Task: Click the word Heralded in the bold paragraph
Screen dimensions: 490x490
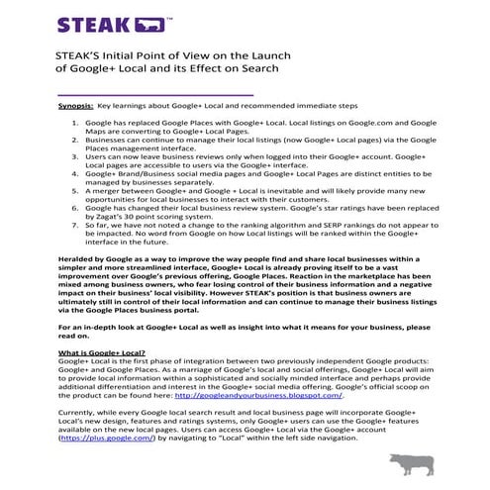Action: (78, 256)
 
